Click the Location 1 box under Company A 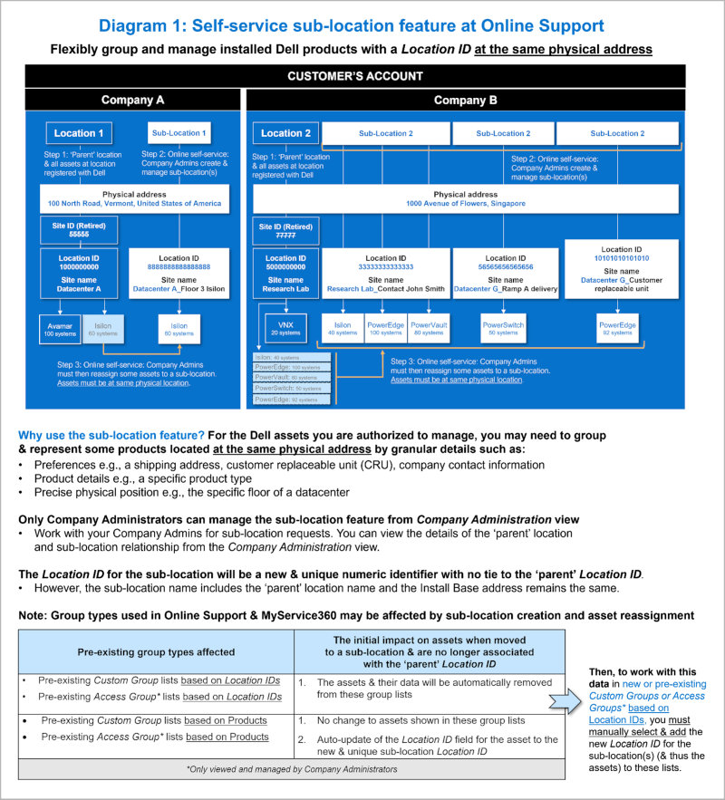[79, 133]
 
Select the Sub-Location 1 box [178, 133]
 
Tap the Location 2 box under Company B [285, 133]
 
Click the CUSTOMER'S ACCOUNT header [355, 76]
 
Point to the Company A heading [132, 100]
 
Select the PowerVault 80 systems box [430, 327]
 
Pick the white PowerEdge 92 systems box [617, 327]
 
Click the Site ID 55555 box [79, 231]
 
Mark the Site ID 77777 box [285, 231]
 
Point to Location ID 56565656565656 [506, 267]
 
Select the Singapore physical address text [466, 204]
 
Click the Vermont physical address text [134, 204]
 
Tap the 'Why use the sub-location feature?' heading [111, 436]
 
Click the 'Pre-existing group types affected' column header [156, 651]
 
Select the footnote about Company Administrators [291, 769]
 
